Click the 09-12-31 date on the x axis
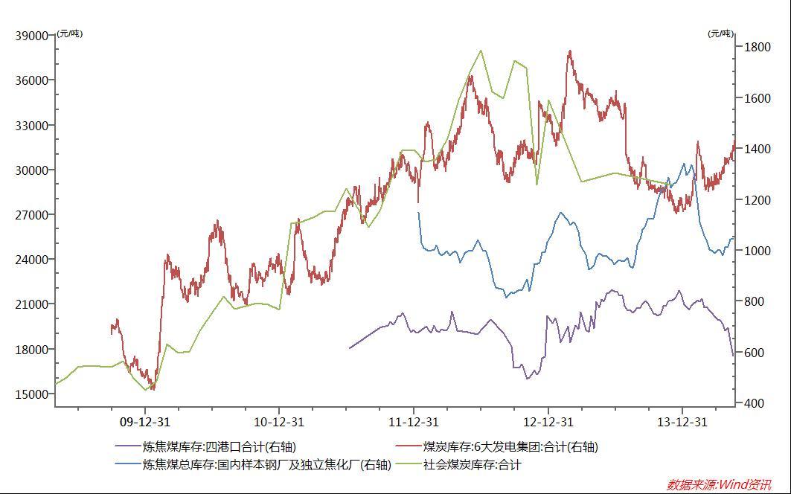coord(145,422)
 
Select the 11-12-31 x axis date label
coord(414,422)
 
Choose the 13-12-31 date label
coord(682,422)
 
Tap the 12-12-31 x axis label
coord(548,422)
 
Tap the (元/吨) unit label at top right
coord(720,33)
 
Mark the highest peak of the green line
coord(481,51)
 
